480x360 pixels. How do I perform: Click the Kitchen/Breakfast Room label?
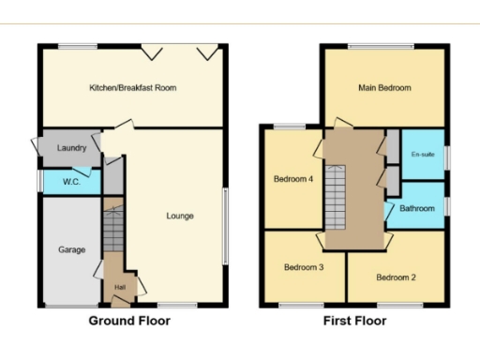pyautogui.click(x=132, y=87)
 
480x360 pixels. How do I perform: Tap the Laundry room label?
pyautogui.click(x=72, y=148)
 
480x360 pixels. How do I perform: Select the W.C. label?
pyautogui.click(x=70, y=181)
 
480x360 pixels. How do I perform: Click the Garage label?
pyautogui.click(x=72, y=250)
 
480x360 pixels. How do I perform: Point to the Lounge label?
pyautogui.click(x=180, y=216)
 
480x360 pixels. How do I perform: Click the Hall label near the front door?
pyautogui.click(x=120, y=287)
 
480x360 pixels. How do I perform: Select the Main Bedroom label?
pyautogui.click(x=384, y=87)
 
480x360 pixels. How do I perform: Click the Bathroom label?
pyautogui.click(x=417, y=208)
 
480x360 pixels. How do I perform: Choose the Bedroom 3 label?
pyautogui.click(x=304, y=267)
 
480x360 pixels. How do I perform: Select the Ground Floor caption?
pyautogui.click(x=129, y=321)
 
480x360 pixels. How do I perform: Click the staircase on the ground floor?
pyautogui.click(x=112, y=230)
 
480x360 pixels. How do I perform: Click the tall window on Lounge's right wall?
pyautogui.click(x=224, y=226)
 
